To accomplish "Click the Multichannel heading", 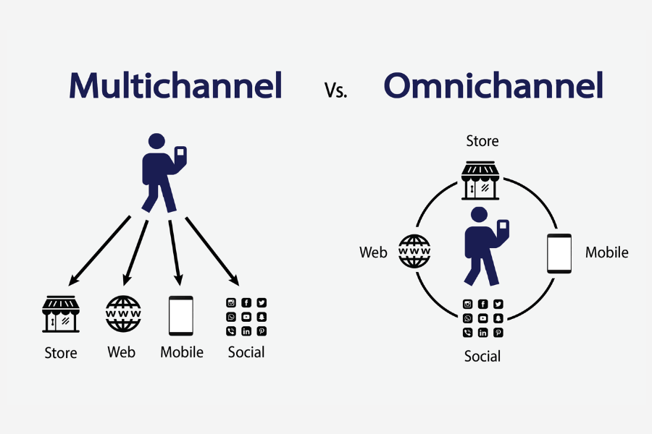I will pyautogui.click(x=175, y=85).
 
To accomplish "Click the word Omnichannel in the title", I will pyautogui.click(x=493, y=85).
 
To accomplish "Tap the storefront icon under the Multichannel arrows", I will pyautogui.click(x=61, y=315).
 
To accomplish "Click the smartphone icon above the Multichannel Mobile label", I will pyautogui.click(x=181, y=315).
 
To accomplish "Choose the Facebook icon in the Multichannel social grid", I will pyautogui.click(x=246, y=303).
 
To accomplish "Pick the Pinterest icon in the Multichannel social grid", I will pyautogui.click(x=262, y=331).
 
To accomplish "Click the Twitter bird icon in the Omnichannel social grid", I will pyautogui.click(x=498, y=305).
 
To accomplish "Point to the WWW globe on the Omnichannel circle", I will pyautogui.click(x=415, y=252).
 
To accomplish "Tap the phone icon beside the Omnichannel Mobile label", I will pyautogui.click(x=559, y=253).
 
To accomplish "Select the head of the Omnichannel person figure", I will pyautogui.click(x=478, y=215).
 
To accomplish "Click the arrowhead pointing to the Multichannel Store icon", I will pyautogui.click(x=72, y=279).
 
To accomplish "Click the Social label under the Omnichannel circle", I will pyautogui.click(x=482, y=356).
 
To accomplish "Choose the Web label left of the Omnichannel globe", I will pyautogui.click(x=373, y=252).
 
